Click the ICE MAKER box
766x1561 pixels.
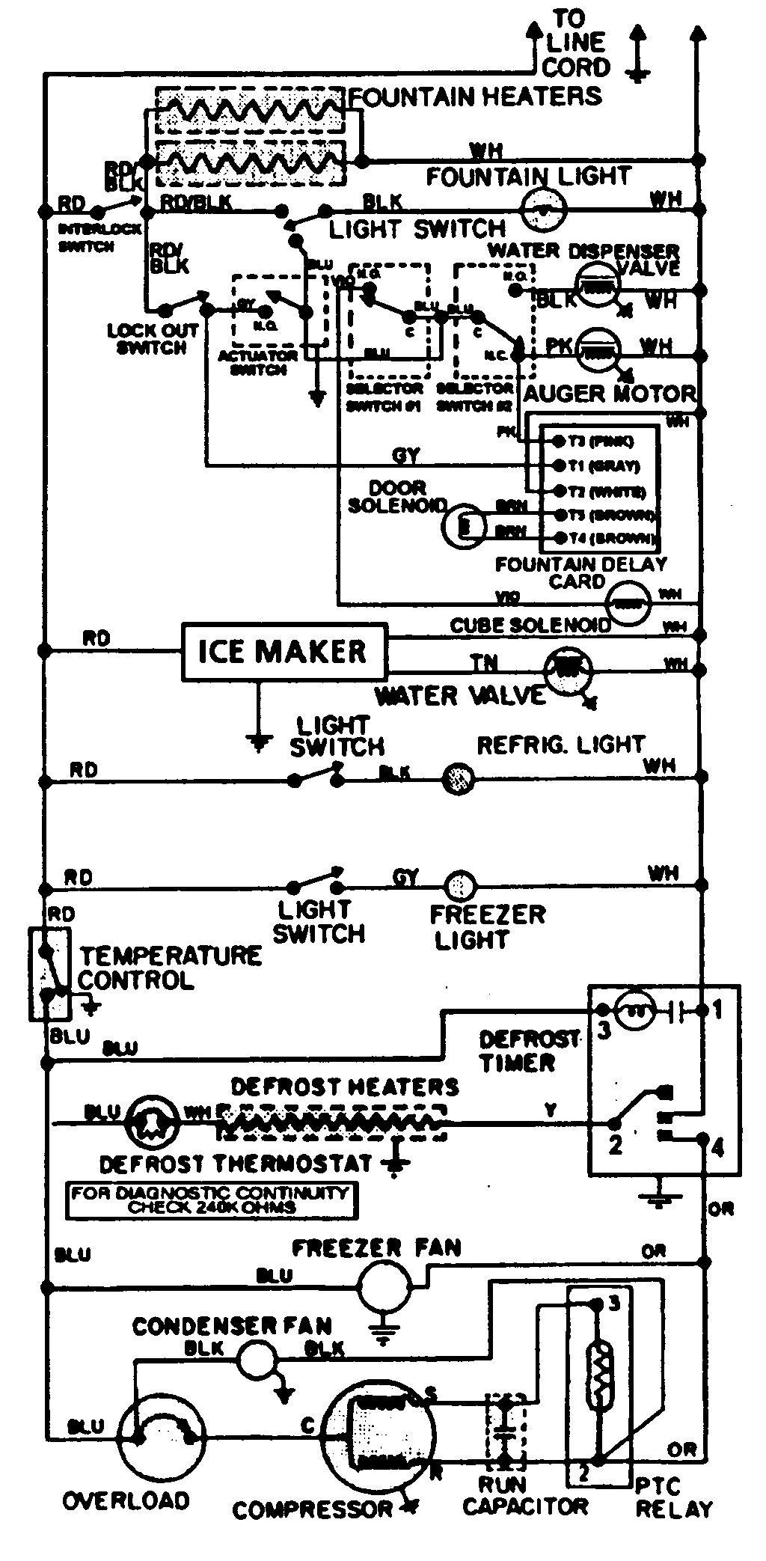pyautogui.click(x=284, y=652)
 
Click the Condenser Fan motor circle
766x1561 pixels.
pyautogui.click(x=255, y=1357)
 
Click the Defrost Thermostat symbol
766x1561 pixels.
pyautogui.click(x=152, y=1122)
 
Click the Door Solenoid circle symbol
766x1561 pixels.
pyautogui.click(x=464, y=527)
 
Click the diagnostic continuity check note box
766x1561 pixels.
pyautogui.click(x=212, y=1200)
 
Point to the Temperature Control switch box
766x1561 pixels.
pyautogui.click(x=49, y=974)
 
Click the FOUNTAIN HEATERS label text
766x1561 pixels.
pyautogui.click(x=476, y=97)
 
